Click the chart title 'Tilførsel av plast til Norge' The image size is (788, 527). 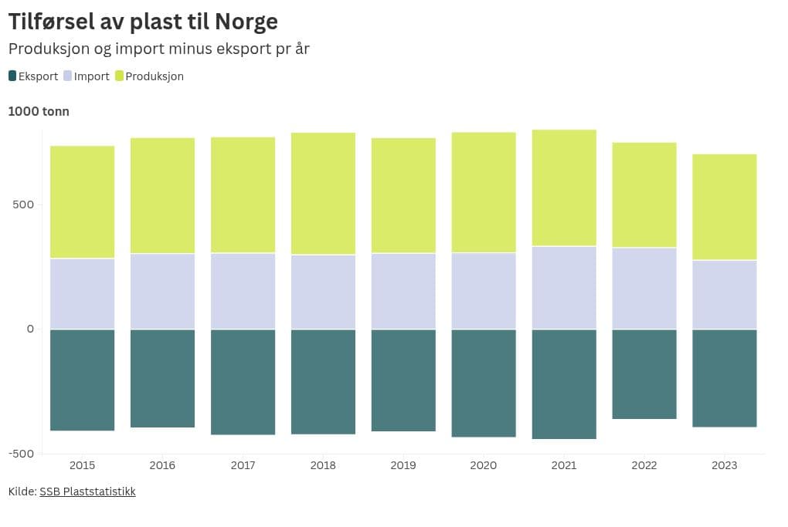[x=143, y=22]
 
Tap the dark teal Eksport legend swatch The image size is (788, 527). [x=12, y=76]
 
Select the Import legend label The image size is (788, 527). [x=91, y=76]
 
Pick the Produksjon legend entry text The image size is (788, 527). [x=155, y=76]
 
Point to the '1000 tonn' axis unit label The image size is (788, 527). [x=39, y=111]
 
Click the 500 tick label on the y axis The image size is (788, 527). [x=23, y=204]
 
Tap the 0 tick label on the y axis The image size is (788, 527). [x=30, y=329]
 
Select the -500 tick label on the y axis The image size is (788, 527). [x=22, y=454]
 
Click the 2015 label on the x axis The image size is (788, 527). [x=83, y=465]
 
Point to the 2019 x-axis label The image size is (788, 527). [x=403, y=465]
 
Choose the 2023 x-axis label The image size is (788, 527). [x=725, y=465]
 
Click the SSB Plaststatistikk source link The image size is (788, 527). [x=87, y=492]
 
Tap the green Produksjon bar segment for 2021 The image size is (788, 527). [x=565, y=187]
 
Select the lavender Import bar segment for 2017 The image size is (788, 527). [x=243, y=291]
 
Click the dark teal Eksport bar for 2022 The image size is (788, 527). [x=644, y=374]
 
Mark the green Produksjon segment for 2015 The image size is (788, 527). [x=83, y=202]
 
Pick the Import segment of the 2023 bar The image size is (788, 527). [x=725, y=295]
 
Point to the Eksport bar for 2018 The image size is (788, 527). [x=323, y=382]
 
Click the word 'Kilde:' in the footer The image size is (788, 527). [x=22, y=492]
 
